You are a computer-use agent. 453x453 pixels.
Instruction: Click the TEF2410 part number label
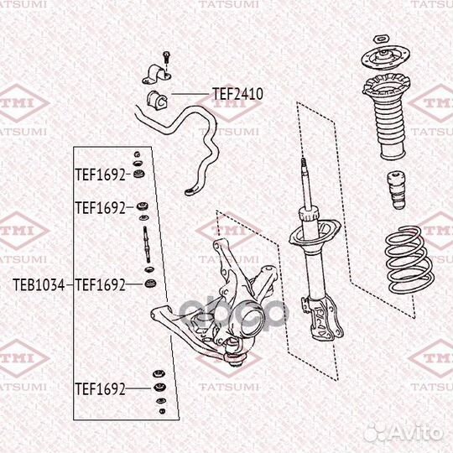coord(237,95)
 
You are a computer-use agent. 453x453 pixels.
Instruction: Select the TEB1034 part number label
coord(38,284)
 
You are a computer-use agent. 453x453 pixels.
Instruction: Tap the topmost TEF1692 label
coord(99,175)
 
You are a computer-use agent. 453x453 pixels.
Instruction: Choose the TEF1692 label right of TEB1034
coord(99,284)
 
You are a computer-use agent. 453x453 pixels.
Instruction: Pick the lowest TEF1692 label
coord(99,388)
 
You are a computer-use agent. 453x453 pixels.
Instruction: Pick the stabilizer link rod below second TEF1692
coord(146,243)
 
